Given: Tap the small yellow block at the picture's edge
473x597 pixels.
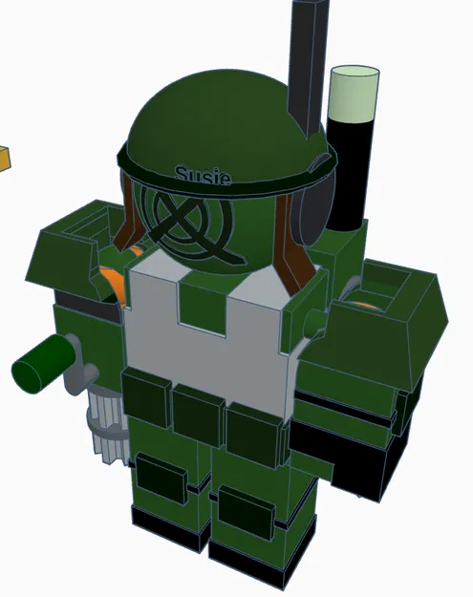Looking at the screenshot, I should (3, 157).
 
